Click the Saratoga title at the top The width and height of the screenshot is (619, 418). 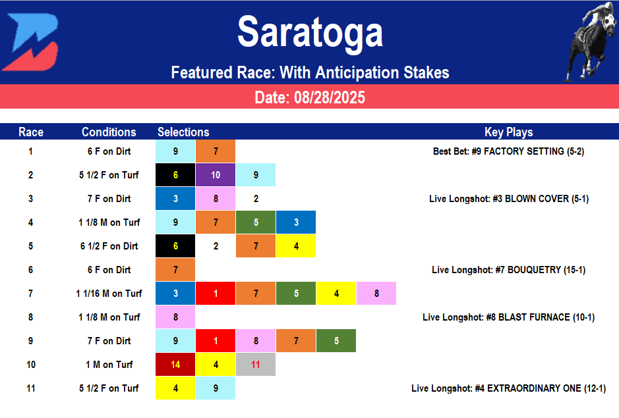point(309,32)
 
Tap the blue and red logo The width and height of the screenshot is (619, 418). point(30,41)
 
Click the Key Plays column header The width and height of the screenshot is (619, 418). point(508,132)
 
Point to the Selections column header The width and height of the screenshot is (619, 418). point(183,132)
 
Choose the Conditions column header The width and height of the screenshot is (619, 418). point(109,132)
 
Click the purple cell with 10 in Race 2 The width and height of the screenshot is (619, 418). point(216,175)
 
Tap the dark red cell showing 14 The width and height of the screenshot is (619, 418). point(175,365)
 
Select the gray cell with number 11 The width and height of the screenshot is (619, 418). point(256,365)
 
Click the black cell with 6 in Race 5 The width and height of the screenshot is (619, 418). point(175,246)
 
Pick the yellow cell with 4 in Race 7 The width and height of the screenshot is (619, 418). point(336,294)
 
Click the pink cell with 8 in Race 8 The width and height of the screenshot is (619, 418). point(175,317)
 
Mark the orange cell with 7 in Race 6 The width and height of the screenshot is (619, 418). point(175,270)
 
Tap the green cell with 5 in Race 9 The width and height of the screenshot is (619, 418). point(336,341)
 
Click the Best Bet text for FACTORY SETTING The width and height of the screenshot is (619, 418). point(508,151)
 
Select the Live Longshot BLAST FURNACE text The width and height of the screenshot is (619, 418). point(508,317)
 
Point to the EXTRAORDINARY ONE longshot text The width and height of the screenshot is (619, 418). point(508,388)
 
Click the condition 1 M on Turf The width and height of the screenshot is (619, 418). point(109,365)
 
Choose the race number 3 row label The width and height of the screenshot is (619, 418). point(30,199)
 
